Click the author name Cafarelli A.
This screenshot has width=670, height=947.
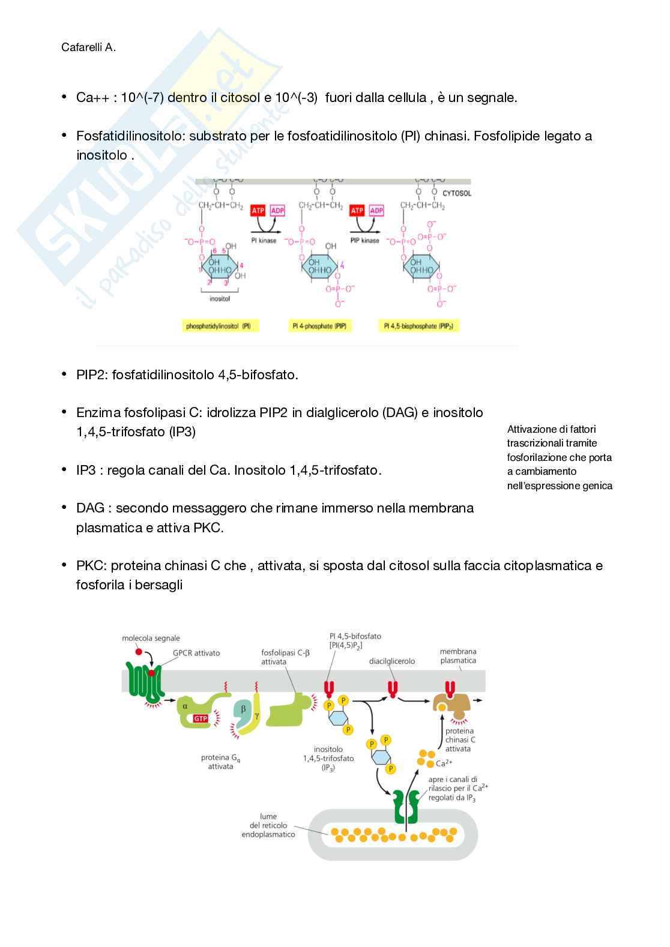tap(88, 47)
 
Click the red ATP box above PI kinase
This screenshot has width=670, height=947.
tap(258, 211)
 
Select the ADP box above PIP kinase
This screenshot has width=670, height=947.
tap(376, 211)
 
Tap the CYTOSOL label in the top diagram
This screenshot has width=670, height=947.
tap(456, 193)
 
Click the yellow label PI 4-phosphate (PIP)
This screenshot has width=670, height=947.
tap(319, 326)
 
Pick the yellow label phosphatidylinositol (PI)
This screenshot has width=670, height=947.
tap(219, 326)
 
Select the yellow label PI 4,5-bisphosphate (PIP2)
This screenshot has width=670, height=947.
tap(418, 326)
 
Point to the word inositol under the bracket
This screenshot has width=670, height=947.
tap(220, 299)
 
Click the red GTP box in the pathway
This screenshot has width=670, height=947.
tap(201, 718)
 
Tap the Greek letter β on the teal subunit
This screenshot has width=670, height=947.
tap(243, 709)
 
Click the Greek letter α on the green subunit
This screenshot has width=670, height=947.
tap(185, 706)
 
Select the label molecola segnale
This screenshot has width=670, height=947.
tap(151, 639)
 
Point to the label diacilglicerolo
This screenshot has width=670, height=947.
tap(392, 661)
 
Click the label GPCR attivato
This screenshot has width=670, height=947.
tap(196, 653)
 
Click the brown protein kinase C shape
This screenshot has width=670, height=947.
tap(452, 705)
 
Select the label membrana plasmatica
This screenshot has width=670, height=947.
tap(458, 656)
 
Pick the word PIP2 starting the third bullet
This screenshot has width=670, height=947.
tap(91, 375)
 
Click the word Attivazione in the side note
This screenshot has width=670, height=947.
tap(532, 429)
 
